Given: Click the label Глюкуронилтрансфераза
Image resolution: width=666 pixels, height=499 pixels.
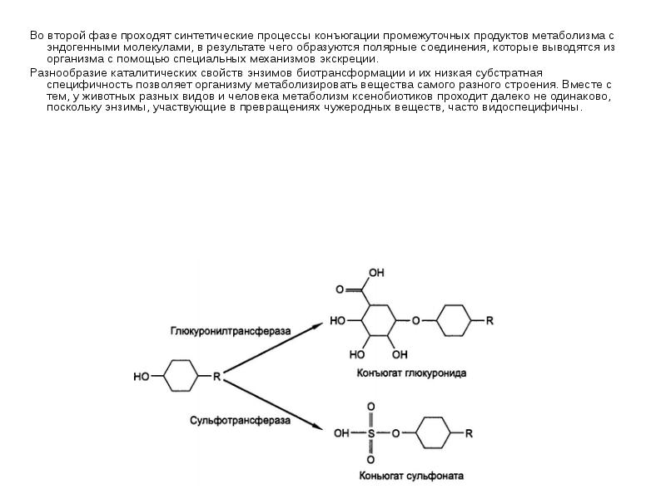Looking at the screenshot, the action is pyautogui.click(x=231, y=330).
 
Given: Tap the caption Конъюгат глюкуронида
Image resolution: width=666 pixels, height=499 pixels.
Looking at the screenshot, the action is pyautogui.click(x=411, y=374).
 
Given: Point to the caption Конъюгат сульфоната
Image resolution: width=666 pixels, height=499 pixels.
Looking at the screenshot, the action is pyautogui.click(x=410, y=477).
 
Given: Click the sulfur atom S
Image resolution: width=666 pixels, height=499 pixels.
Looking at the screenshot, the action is pyautogui.click(x=370, y=433).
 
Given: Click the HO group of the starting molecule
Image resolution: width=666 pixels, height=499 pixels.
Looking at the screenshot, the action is pyautogui.click(x=142, y=377).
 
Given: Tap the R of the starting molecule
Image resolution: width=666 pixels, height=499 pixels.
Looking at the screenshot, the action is pyautogui.click(x=216, y=377).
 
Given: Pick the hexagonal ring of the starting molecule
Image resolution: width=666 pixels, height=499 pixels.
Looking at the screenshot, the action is pyautogui.click(x=180, y=377).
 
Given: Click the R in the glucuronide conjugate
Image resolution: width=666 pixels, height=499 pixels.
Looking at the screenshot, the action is pyautogui.click(x=490, y=319).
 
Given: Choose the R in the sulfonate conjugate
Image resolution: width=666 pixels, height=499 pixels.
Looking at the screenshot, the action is pyautogui.click(x=469, y=433).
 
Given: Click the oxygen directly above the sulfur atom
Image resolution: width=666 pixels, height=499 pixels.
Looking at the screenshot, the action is pyautogui.click(x=370, y=408).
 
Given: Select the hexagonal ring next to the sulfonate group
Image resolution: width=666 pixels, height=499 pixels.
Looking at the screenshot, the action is pyautogui.click(x=430, y=433).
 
